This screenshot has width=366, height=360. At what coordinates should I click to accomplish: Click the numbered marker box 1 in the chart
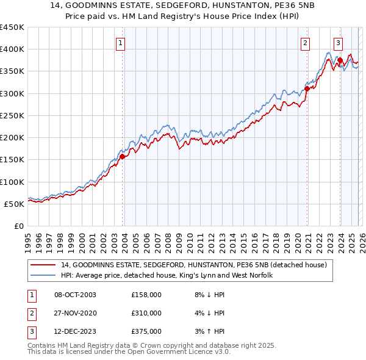pyautogui.click(x=121, y=43)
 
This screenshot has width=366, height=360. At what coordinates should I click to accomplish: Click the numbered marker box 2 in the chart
pyautogui.click(x=305, y=43)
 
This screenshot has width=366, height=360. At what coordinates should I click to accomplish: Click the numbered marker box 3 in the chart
pyautogui.click(x=338, y=43)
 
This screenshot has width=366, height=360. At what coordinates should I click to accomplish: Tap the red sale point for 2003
pyautogui.click(x=123, y=156)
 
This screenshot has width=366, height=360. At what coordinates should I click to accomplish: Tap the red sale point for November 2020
pyautogui.click(x=307, y=89)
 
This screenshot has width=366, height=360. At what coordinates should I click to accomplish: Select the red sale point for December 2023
pyautogui.click(x=340, y=60)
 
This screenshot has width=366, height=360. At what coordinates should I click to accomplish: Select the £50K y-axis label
pyautogui.click(x=14, y=204)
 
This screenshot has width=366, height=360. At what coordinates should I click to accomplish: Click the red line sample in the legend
pyautogui.click(x=44, y=265)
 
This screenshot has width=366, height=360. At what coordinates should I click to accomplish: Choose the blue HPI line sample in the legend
pyautogui.click(x=44, y=276)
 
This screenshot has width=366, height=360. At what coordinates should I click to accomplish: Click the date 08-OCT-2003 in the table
pyautogui.click(x=75, y=295)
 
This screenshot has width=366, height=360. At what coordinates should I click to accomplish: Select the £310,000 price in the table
pyautogui.click(x=146, y=313)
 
